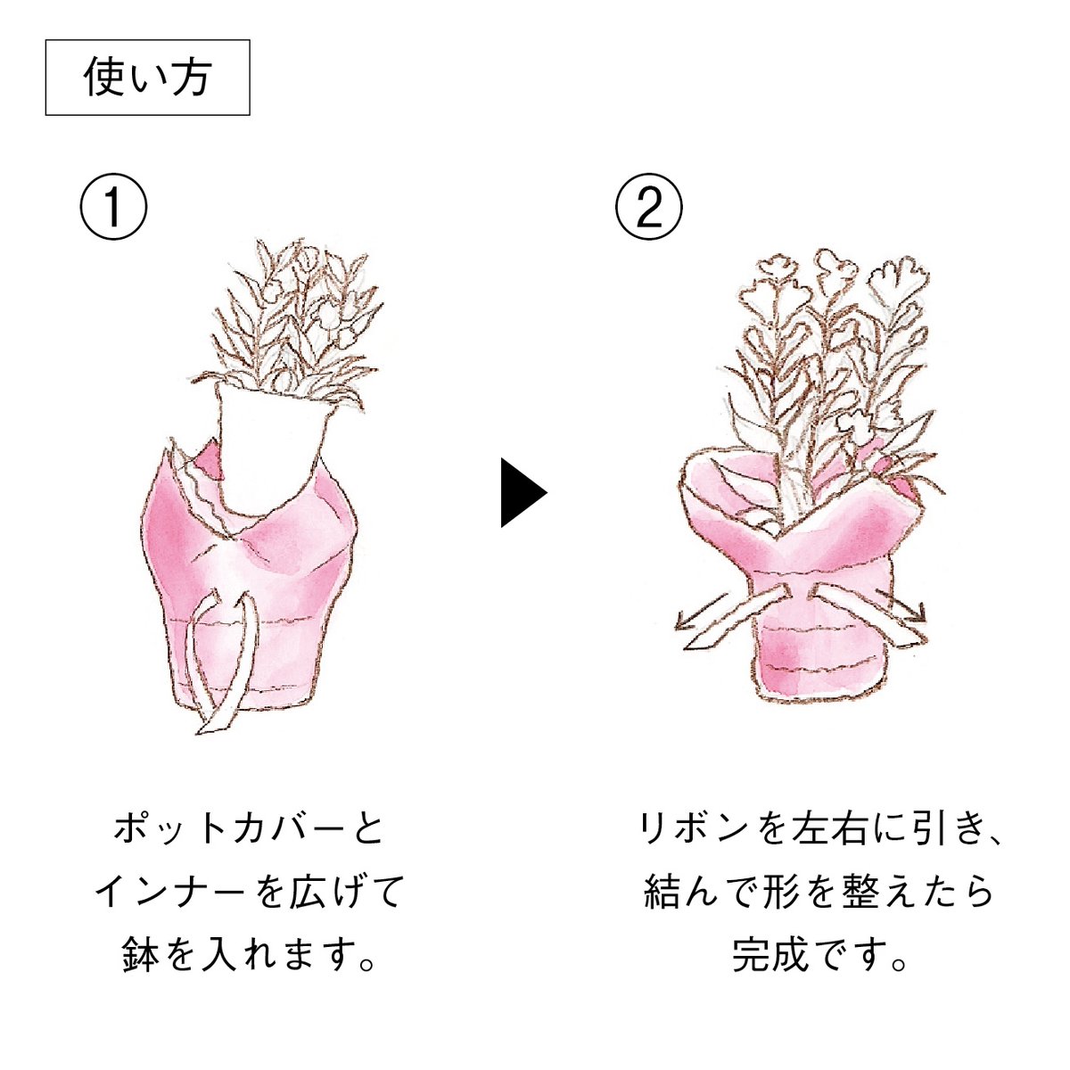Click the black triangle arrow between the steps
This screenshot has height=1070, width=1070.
[523, 492]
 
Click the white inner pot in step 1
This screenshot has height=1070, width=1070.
[271, 444]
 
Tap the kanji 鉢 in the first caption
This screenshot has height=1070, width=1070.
[138, 954]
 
